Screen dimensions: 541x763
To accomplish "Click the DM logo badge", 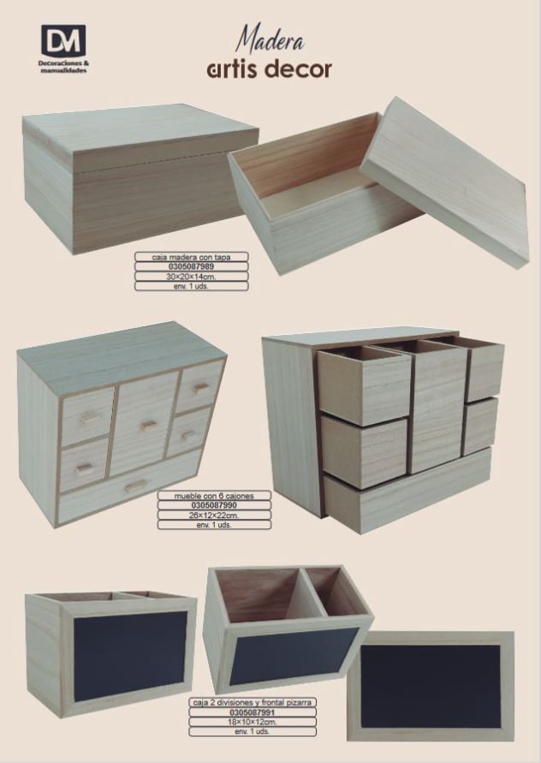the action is [63, 40].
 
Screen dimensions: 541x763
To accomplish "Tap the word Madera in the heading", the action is [270, 39].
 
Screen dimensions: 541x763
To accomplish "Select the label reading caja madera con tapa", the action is [191, 257].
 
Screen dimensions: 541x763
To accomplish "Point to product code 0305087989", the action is [191, 266].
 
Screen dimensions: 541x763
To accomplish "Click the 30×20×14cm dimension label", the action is [191, 277].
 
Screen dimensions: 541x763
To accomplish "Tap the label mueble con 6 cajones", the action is [214, 496].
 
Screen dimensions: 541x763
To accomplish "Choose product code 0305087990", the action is [214, 505].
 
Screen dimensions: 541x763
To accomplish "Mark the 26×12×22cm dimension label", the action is [214, 516].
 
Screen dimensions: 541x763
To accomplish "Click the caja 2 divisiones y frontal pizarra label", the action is [253, 703].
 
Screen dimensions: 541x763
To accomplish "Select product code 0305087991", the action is [253, 712].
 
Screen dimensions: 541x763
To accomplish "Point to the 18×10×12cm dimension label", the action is [253, 722].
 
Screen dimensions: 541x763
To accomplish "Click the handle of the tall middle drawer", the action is [149, 426].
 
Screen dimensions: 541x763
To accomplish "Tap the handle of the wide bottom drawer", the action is [136, 486].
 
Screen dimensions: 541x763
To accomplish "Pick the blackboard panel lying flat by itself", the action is [431, 686].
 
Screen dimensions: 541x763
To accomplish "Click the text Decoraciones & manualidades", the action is [63, 67].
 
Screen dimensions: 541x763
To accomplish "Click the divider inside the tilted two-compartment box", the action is [312, 593].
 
